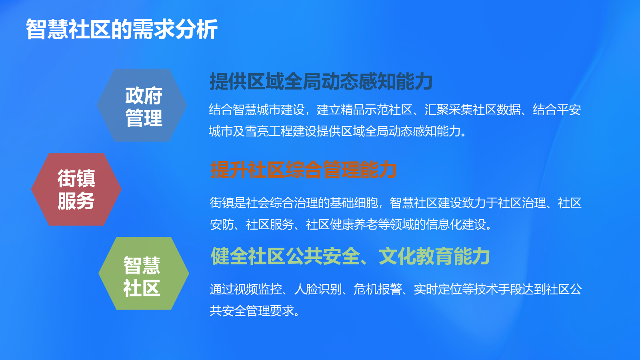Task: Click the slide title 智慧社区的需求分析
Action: tap(122, 29)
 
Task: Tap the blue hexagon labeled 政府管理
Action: tap(142, 105)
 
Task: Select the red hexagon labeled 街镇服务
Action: tap(76, 189)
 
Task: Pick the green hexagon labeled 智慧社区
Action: tap(144, 274)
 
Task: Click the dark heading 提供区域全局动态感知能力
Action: tap(321, 82)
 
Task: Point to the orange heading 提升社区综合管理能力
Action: tap(304, 170)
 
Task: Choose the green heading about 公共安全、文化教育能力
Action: tap(350, 256)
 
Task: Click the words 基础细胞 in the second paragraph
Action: tap(354, 203)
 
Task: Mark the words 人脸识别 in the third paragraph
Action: tap(318, 289)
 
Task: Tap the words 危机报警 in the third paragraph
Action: tap(378, 289)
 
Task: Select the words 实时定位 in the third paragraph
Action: tap(438, 289)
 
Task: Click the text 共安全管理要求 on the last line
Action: tap(252, 311)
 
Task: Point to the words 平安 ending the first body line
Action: tap(568, 110)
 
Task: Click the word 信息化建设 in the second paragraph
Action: tap(456, 224)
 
